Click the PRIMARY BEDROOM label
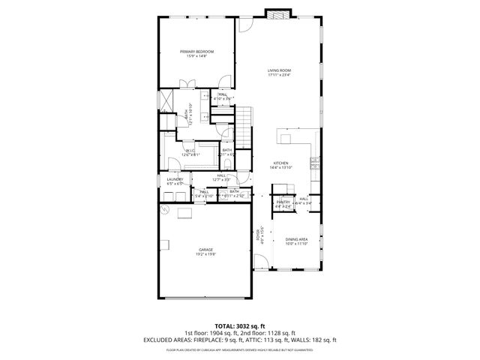pyautogui.click(x=196, y=51)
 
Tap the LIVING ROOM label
pyautogui.click(x=279, y=70)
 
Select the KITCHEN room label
pyautogui.click(x=281, y=163)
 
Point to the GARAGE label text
pyautogui.click(x=205, y=249)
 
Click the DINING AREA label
pyautogui.click(x=297, y=239)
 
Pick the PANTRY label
pyautogui.click(x=283, y=202)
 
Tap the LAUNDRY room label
pyautogui.click(x=175, y=179)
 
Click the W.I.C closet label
pyautogui.click(x=190, y=150)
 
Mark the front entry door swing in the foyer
pyautogui.click(x=260, y=262)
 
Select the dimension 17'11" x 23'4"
pyautogui.click(x=279, y=75)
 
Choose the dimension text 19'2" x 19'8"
pyautogui.click(x=205, y=253)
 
